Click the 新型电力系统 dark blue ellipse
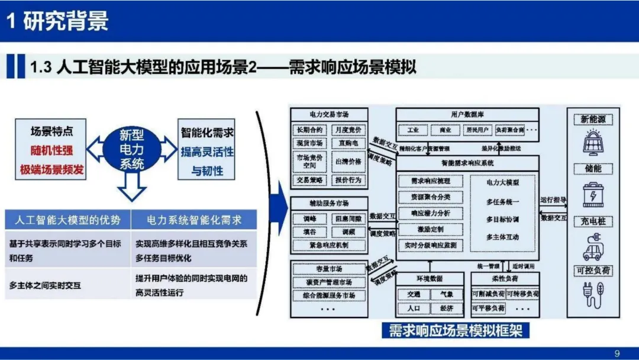[132, 149]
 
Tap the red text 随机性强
[52, 151]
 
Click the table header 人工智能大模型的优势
[67, 220]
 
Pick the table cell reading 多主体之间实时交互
[46, 285]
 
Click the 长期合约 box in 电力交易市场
[308, 130]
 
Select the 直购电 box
[348, 143]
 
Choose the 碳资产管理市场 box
[329, 282]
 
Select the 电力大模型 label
[502, 182]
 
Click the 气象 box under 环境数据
[442, 294]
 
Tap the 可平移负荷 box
[488, 308]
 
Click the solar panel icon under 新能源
[593, 143]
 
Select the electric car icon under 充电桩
[593, 247]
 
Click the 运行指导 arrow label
[553, 200]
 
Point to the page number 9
[617, 353]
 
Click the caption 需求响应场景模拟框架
[455, 330]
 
